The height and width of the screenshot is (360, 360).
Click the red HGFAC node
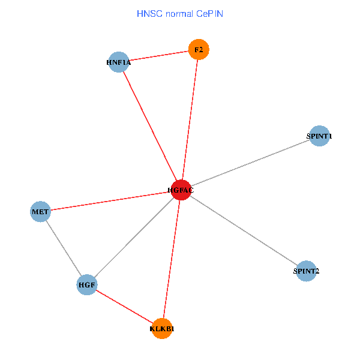click(x=181, y=190)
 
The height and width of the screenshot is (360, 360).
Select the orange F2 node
click(x=199, y=49)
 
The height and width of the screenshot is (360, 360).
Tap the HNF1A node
click(x=119, y=62)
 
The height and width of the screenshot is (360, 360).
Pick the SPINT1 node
click(x=320, y=136)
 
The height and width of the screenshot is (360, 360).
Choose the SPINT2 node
click(x=306, y=271)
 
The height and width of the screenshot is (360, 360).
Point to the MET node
click(x=40, y=212)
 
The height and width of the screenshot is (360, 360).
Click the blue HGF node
click(x=87, y=284)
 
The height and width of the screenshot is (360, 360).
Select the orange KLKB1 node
click(x=162, y=329)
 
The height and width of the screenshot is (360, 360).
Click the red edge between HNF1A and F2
click(x=159, y=55)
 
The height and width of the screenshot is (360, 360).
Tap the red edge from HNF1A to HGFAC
click(x=150, y=126)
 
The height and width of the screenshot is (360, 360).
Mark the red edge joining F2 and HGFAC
click(x=190, y=120)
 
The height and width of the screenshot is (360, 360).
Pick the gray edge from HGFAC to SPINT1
click(x=250, y=163)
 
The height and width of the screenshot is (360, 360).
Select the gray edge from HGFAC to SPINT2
click(x=243, y=230)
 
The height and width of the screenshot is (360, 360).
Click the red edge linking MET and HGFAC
click(x=110, y=201)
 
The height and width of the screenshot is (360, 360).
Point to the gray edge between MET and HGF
click(x=64, y=248)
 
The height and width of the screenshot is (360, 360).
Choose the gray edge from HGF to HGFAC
click(x=134, y=237)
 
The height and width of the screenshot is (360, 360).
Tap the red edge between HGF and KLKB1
click(x=124, y=307)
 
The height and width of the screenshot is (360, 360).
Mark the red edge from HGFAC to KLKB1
click(x=171, y=260)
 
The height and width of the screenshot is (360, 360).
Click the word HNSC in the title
click(x=148, y=13)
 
